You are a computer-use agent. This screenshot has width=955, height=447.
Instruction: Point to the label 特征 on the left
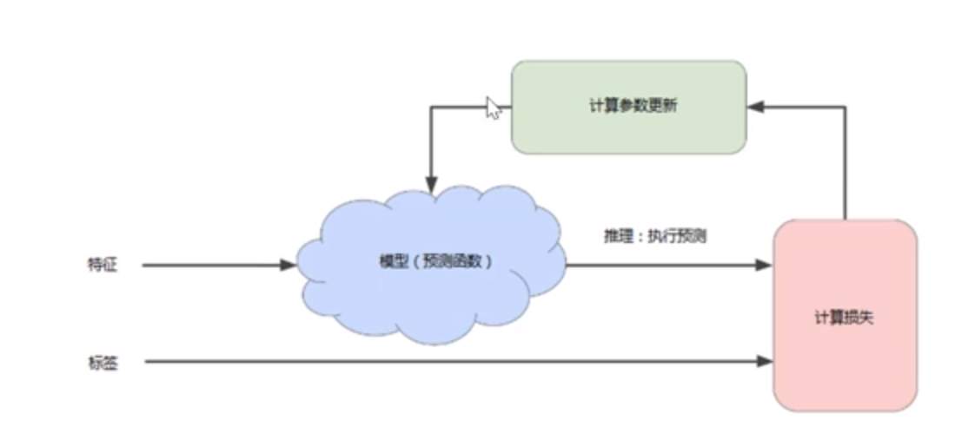102,266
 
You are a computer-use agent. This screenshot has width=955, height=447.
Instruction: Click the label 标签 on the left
102,363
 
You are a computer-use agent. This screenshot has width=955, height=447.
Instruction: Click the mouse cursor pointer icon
493,108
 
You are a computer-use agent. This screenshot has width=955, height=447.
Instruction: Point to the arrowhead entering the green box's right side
755,107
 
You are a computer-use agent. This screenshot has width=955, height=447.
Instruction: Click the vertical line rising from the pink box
845,165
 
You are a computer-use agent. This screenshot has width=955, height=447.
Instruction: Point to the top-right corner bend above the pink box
845,107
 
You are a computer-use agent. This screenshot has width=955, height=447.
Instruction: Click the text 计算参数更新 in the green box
627,107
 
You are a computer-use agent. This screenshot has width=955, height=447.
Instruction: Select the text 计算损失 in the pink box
845,317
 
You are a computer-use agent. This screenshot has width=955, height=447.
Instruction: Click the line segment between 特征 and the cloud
209,265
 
